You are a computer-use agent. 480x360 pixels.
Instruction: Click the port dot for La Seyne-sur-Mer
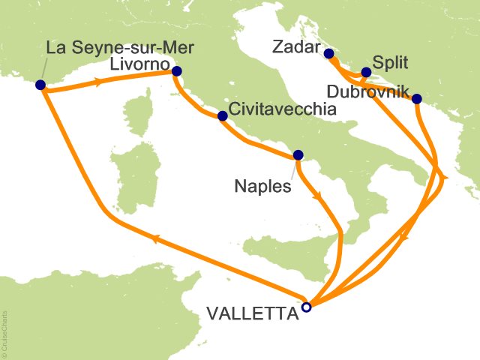point(40,85)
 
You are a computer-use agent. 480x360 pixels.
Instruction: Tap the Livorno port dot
point(177,72)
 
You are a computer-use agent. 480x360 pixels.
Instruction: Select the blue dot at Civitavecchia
point(222,116)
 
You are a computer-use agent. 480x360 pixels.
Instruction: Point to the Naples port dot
point(298,155)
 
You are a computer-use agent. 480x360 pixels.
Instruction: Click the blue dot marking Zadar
point(328,53)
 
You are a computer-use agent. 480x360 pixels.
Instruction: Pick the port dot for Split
point(366,73)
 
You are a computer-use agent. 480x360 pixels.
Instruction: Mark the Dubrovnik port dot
point(416,98)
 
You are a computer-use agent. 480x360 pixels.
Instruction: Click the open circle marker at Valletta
point(306,306)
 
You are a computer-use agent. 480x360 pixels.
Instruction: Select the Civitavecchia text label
point(282,109)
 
